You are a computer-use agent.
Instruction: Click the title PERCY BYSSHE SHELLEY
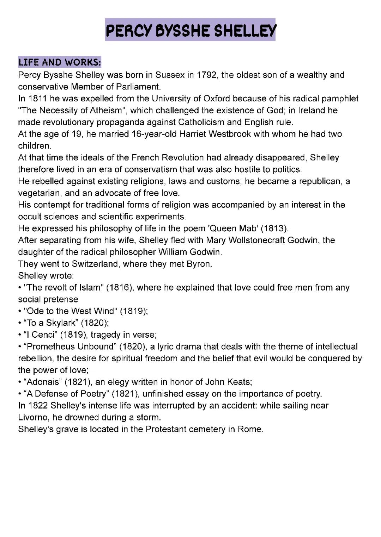[190, 31]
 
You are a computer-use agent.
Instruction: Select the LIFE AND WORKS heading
[60, 62]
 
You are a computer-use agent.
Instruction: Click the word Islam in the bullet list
[89, 288]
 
